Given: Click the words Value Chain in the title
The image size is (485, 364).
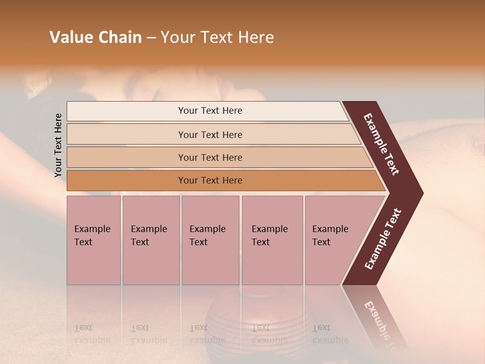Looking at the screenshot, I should click(95, 37).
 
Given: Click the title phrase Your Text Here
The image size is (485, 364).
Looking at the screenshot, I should click(217, 37).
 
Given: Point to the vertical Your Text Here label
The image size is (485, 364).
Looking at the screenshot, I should click(58, 145).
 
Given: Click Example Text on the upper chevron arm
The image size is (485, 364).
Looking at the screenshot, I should click(381, 144).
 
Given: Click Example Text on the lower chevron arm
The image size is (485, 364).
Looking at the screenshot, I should click(383, 239).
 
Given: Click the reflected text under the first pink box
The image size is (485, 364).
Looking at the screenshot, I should click(92, 334).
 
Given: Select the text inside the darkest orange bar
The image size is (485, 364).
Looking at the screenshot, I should click(210, 180).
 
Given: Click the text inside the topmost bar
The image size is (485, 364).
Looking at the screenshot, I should click(210, 111).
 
